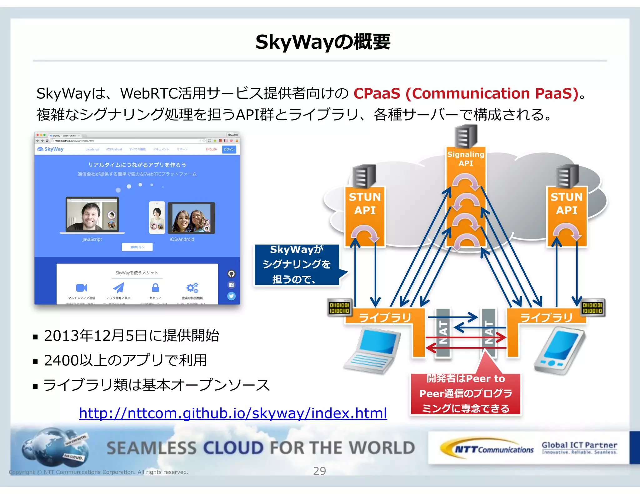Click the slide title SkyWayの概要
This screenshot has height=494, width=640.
pyautogui.click(x=323, y=42)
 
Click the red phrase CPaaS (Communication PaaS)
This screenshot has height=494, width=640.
pyautogui.click(x=466, y=93)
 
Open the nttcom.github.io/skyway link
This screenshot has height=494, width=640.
pyautogui.click(x=233, y=413)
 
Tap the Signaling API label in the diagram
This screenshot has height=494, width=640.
pyautogui.click(x=466, y=159)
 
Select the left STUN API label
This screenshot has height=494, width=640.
pyautogui.click(x=365, y=204)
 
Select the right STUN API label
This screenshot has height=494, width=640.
pyautogui.click(x=567, y=204)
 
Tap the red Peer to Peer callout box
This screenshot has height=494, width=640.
pyautogui.click(x=466, y=393)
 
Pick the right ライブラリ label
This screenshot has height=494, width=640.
pyautogui.click(x=546, y=318)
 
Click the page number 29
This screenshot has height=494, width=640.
pyautogui.click(x=319, y=471)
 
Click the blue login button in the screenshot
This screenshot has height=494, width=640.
pyautogui.click(x=229, y=150)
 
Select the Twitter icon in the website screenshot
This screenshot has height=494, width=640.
pyautogui.click(x=231, y=296)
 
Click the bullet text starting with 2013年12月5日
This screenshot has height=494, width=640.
pyautogui.click(x=131, y=336)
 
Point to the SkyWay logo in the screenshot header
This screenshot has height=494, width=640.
pyautogui.click(x=51, y=149)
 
